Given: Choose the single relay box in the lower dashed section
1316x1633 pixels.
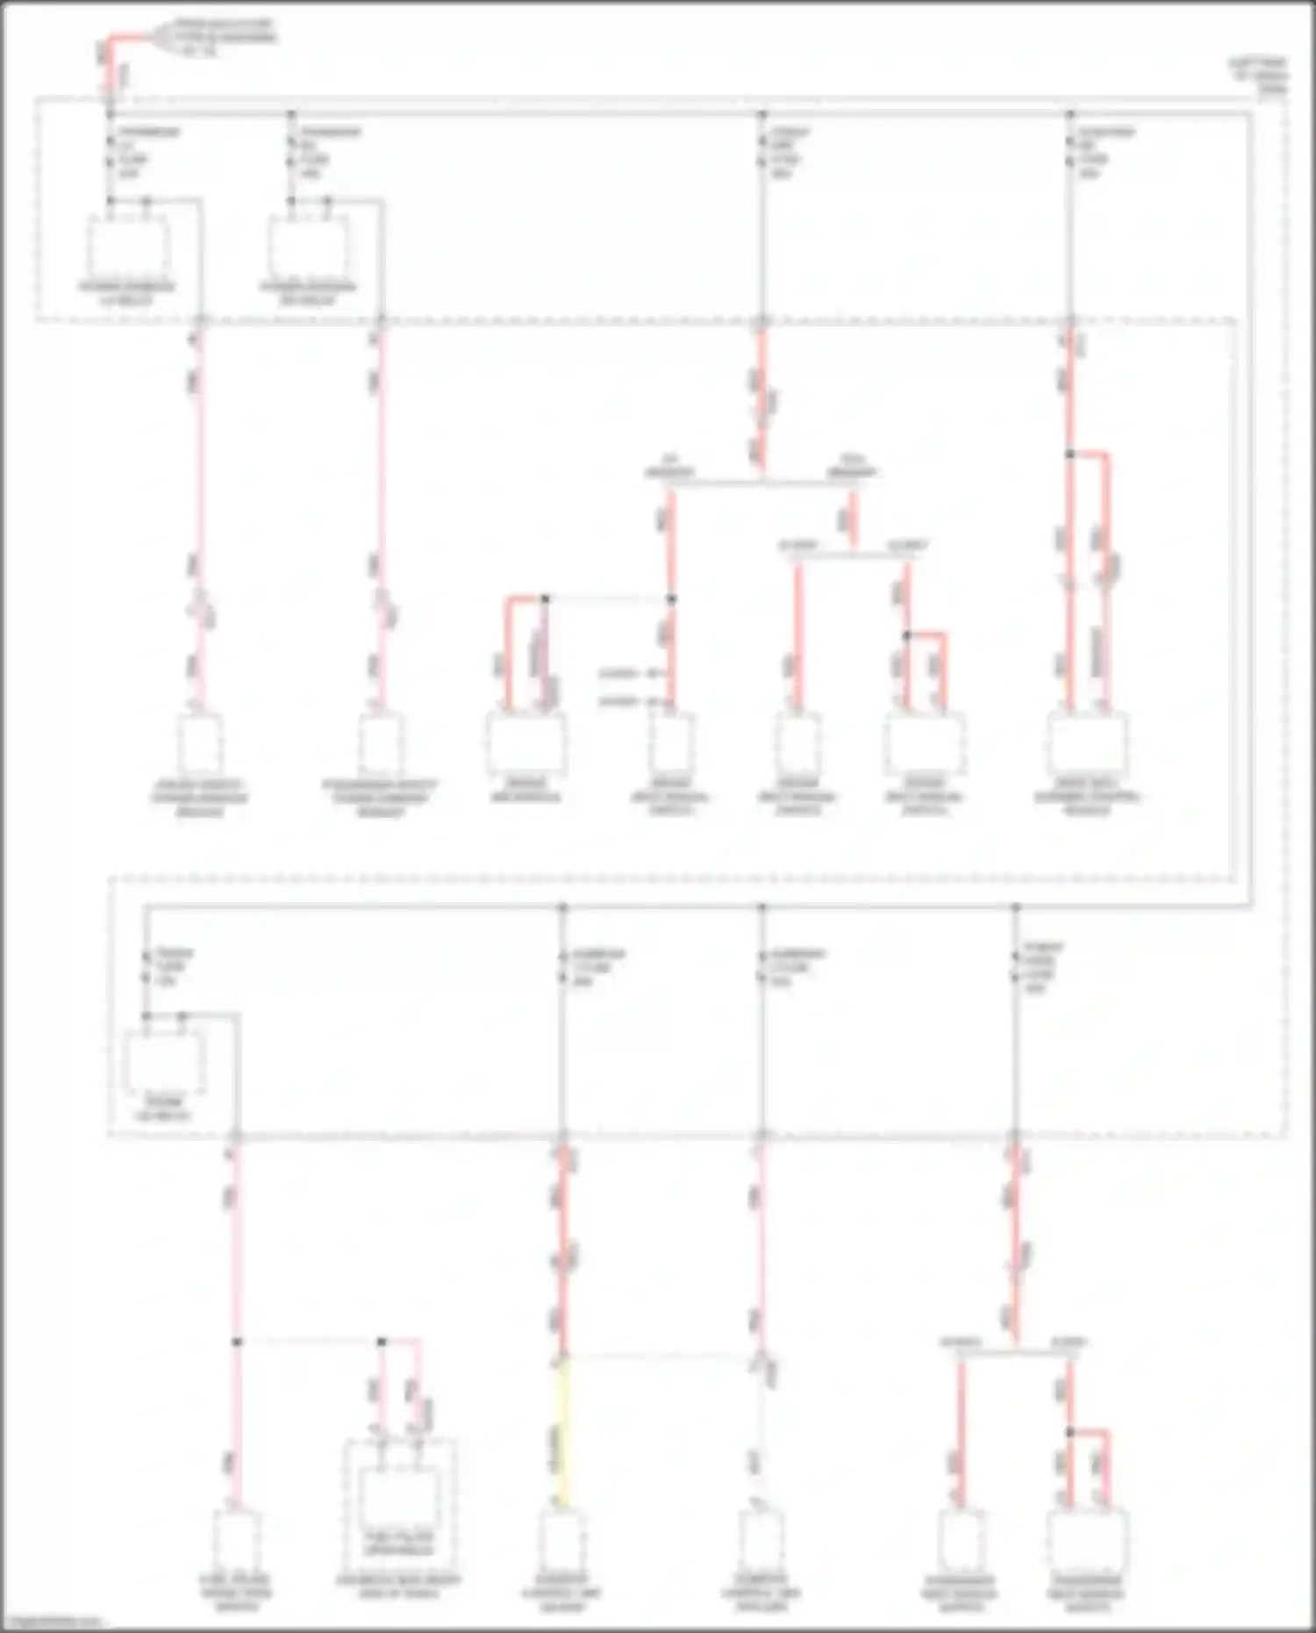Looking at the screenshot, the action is pos(164,1061).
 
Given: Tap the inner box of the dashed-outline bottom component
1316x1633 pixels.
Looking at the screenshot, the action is pos(399,1496).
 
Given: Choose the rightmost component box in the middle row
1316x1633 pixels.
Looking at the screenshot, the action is pos(1087,743).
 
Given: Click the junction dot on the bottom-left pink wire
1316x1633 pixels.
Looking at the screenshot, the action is pos(237,1342).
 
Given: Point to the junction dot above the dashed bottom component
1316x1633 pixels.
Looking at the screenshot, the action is pos(382,1342).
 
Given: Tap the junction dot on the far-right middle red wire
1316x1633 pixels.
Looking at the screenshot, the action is pos(1069,454).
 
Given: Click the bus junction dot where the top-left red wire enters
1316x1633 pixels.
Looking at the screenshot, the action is pos(111,114).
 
